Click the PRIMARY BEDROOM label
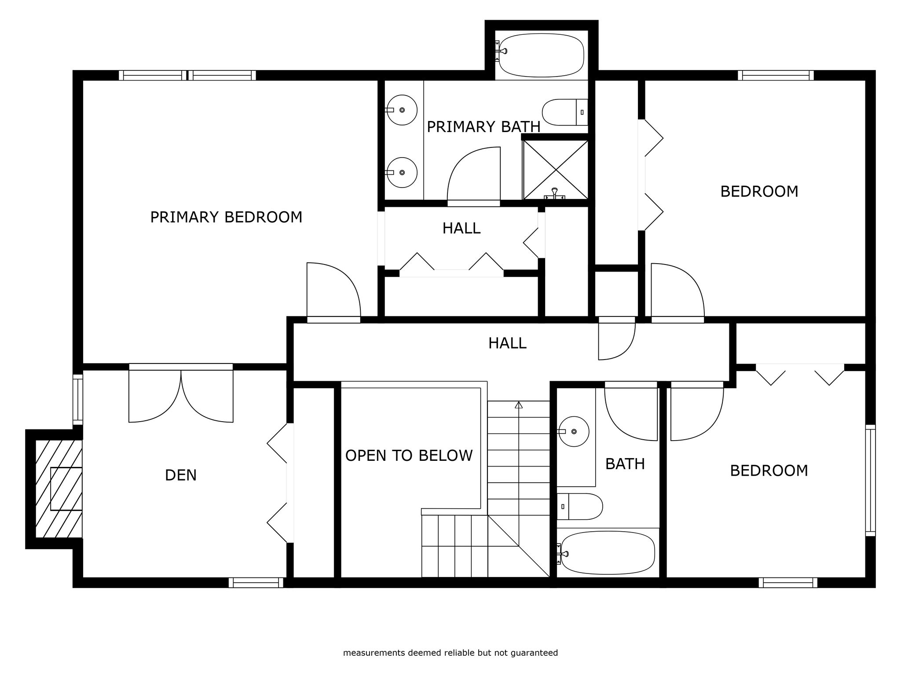[x=226, y=217]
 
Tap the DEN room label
[x=181, y=475]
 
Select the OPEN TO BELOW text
[x=409, y=456]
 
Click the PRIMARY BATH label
[x=483, y=127]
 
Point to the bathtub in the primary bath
[x=541, y=55]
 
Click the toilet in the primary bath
[x=565, y=112]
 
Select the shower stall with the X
[x=556, y=170]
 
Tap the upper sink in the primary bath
[x=401, y=110]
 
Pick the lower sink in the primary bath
[x=401, y=173]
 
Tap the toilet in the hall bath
[x=579, y=506]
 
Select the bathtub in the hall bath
[x=607, y=553]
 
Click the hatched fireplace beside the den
[x=59, y=489]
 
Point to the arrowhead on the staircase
[x=519, y=405]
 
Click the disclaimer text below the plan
[x=450, y=653]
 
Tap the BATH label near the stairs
[x=625, y=464]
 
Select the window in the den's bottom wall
[x=256, y=583]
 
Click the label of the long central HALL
[x=507, y=343]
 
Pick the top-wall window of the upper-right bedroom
[x=776, y=75]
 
